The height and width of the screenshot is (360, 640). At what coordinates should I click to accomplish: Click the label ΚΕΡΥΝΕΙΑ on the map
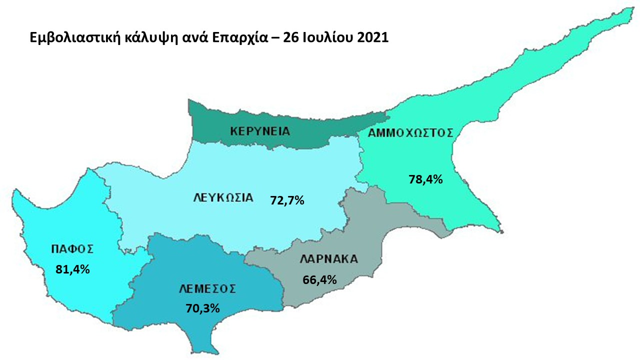[260, 131]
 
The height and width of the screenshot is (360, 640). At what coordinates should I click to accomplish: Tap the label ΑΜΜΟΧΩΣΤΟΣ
[410, 133]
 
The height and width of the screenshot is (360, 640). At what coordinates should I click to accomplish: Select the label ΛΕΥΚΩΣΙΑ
[223, 197]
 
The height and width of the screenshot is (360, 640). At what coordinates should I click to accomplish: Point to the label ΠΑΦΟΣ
[72, 248]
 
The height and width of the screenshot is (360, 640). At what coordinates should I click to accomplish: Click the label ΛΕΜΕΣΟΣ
[207, 289]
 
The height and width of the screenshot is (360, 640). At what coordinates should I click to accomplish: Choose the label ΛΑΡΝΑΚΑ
[329, 259]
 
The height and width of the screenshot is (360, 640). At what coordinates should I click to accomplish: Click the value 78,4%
[426, 179]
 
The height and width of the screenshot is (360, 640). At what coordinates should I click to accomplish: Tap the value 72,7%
[287, 201]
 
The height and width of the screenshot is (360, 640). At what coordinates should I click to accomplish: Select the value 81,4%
[72, 269]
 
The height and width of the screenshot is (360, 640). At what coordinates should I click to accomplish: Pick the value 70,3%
[202, 308]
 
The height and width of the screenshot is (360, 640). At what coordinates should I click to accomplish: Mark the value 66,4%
[319, 279]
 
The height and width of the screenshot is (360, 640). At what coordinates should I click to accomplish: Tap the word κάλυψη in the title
[132, 38]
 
